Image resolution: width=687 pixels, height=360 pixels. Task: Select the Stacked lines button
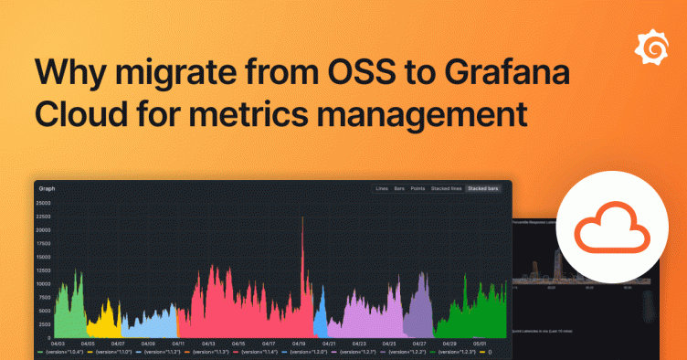[x=446, y=188]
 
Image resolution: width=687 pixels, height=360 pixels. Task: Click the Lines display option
[x=382, y=188]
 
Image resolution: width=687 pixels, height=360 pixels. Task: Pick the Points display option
[x=417, y=188]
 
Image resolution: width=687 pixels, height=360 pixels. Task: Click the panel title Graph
[x=47, y=189]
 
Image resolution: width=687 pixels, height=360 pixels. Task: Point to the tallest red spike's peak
[x=302, y=217]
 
